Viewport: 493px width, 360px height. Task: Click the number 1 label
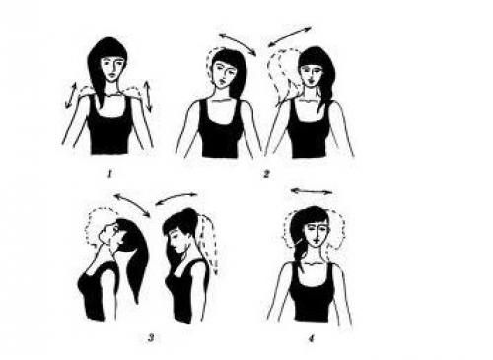[x=110, y=174]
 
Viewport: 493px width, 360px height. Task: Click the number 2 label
[x=266, y=174]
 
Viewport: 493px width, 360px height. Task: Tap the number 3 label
[x=151, y=337]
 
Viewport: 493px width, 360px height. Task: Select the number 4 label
[x=311, y=338]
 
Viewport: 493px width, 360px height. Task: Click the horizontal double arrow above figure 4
[x=312, y=191]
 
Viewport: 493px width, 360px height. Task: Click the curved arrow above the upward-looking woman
[x=132, y=204]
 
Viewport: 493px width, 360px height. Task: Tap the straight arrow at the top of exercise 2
[x=290, y=36]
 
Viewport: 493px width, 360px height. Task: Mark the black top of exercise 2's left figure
[x=220, y=129]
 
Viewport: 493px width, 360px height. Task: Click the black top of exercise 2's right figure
[x=308, y=130]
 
